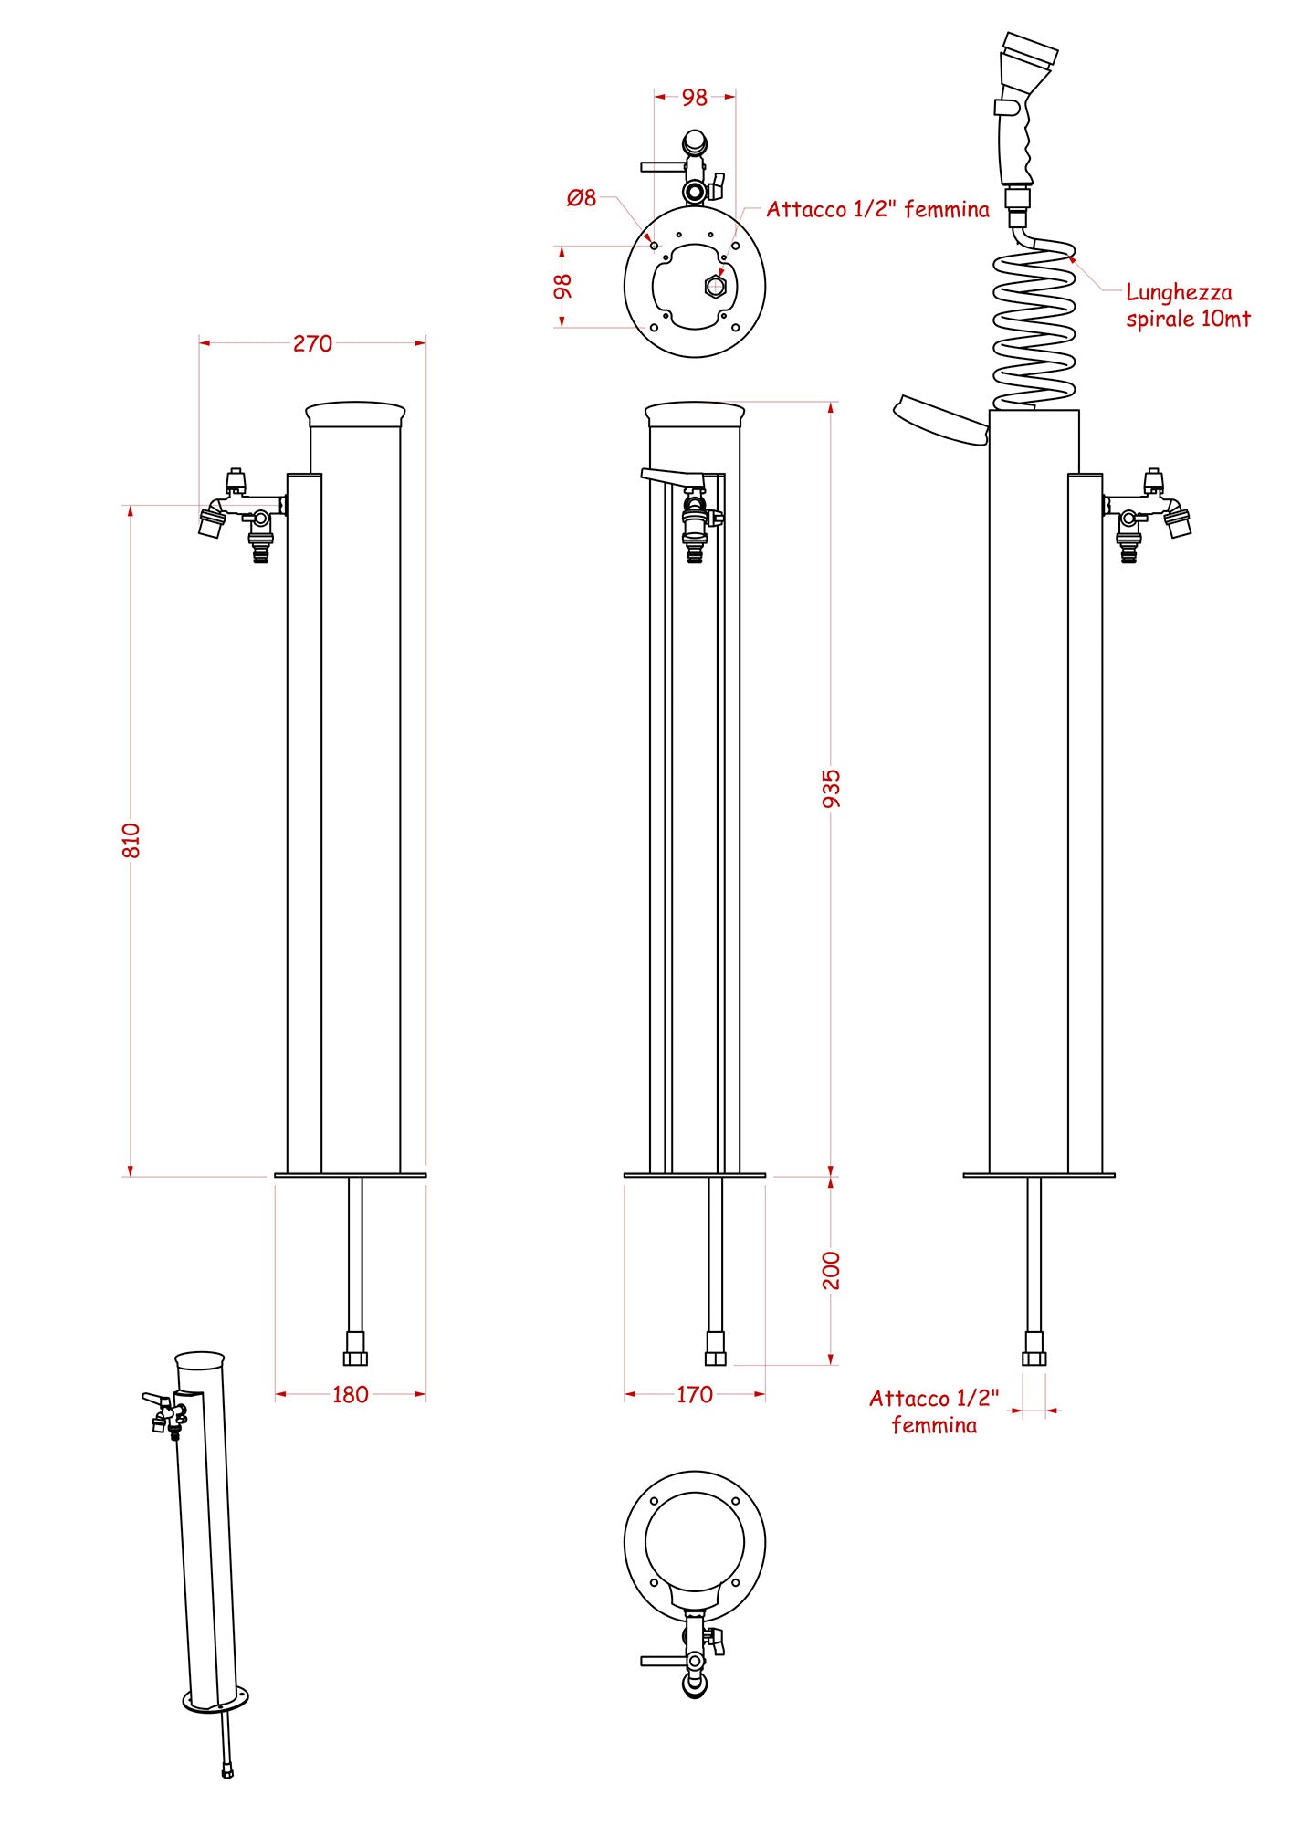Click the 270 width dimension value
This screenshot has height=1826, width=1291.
[312, 343]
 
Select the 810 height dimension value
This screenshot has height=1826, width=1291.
[131, 840]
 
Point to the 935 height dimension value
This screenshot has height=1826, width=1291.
[831, 788]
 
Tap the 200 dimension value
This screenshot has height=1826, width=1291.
[831, 1270]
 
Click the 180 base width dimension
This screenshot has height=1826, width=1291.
[350, 1394]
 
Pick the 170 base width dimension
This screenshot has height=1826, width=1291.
[694, 1394]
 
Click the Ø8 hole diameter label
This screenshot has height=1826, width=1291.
[582, 197]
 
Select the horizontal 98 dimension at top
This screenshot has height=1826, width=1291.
[694, 97]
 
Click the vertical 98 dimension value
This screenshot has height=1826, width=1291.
[563, 287]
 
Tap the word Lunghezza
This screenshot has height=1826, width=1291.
[1179, 292]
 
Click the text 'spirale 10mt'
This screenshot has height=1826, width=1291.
[1188, 319]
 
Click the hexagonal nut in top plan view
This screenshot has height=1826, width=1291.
[715, 287]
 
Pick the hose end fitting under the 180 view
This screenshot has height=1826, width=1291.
[355, 1349]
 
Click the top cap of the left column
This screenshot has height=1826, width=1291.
[355, 414]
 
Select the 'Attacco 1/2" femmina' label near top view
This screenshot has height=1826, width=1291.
[877, 209]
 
